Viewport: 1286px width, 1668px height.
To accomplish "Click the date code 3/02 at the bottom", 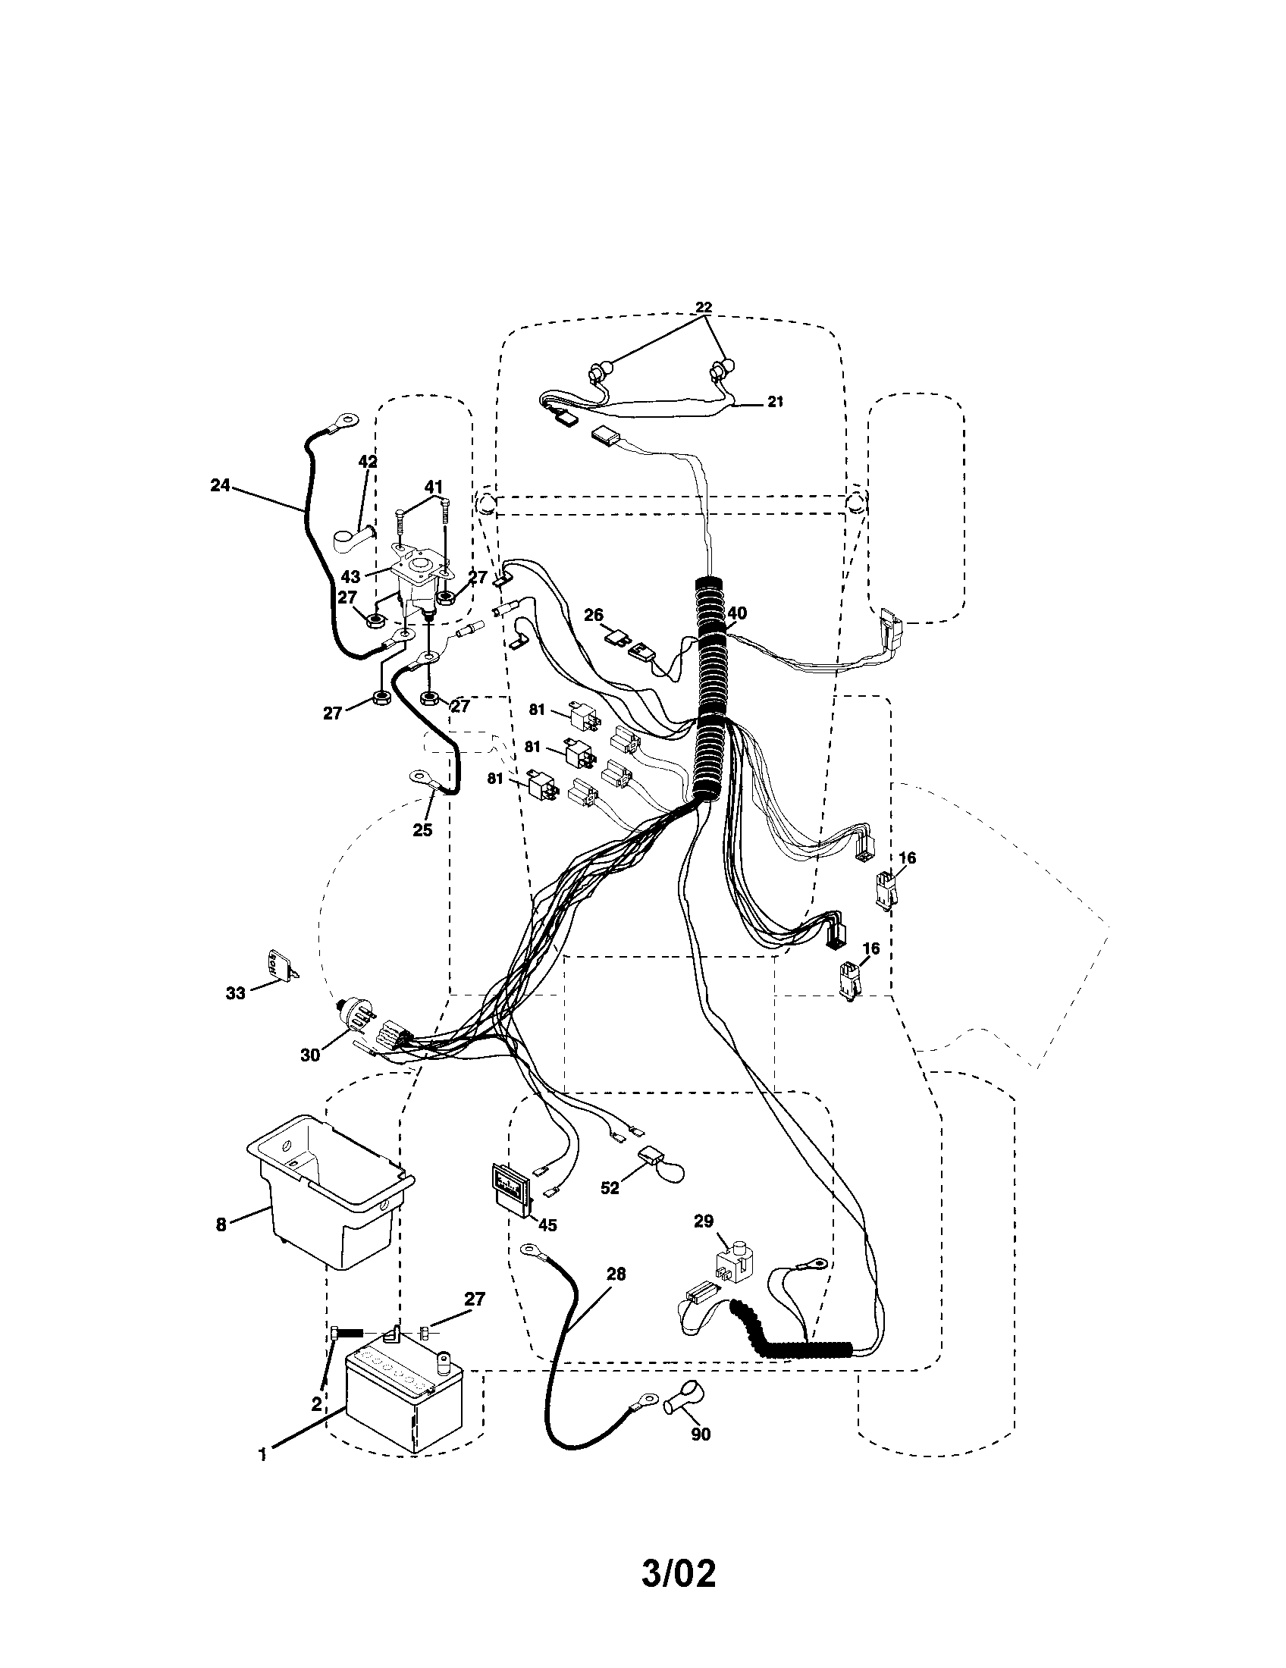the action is [678, 1588].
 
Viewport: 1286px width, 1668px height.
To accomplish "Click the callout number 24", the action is [221, 485].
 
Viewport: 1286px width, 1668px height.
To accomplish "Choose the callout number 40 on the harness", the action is [737, 613].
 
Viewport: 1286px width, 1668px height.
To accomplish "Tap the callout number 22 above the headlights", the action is [704, 307].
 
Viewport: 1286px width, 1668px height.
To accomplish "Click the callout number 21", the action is [775, 401].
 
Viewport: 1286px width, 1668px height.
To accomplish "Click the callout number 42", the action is [368, 461].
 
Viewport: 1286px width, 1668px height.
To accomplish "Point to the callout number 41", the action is [434, 486].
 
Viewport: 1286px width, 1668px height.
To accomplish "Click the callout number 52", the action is [610, 1188].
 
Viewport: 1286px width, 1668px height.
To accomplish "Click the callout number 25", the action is [422, 829].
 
